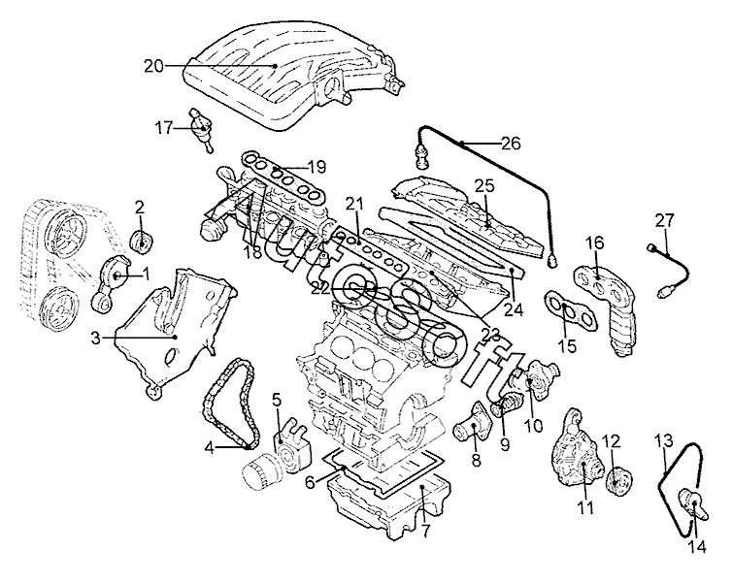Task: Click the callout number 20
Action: pyautogui.click(x=153, y=66)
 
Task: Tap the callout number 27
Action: pyautogui.click(x=664, y=220)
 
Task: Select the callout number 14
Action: pyautogui.click(x=695, y=546)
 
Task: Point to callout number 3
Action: pyautogui.click(x=96, y=338)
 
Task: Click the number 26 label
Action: pyautogui.click(x=511, y=143)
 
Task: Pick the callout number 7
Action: pyautogui.click(x=424, y=532)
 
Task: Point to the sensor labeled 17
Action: pyautogui.click(x=202, y=130)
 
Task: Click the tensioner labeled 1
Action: pyautogui.click(x=111, y=284)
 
